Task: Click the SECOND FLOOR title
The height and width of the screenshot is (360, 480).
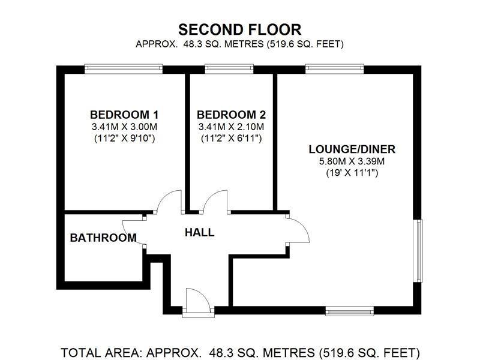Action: (x=239, y=29)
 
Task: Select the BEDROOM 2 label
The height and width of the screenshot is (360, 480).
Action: (x=231, y=115)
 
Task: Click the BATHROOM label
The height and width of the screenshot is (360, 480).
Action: (x=103, y=238)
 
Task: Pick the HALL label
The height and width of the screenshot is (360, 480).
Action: (x=199, y=232)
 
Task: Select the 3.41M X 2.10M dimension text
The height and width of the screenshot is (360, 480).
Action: (x=231, y=127)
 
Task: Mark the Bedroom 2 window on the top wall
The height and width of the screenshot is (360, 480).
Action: (x=221, y=69)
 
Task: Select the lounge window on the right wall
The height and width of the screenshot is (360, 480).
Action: (x=418, y=250)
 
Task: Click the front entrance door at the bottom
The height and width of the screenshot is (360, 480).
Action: (x=197, y=300)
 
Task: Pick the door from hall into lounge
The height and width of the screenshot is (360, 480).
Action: (x=297, y=228)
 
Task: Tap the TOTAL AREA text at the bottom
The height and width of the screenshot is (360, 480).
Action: (x=240, y=352)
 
